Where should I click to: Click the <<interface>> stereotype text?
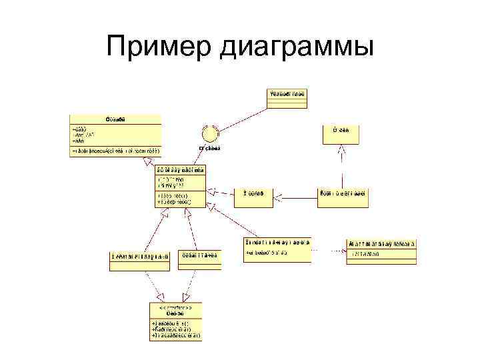(x=175, y=307)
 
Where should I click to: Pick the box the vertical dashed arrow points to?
(x=341, y=134)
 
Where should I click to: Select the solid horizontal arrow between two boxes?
(x=297, y=195)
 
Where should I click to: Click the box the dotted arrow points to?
(x=381, y=252)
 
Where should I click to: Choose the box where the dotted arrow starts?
(x=277, y=249)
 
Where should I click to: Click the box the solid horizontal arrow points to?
(x=253, y=194)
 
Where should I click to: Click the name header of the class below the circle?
(x=181, y=170)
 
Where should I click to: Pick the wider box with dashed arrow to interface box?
(x=140, y=261)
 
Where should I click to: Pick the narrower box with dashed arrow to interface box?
(x=199, y=260)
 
